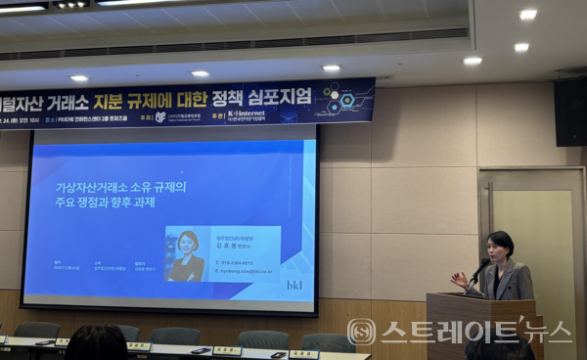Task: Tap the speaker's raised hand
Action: click(x=458, y=279)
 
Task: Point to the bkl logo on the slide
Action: click(x=294, y=285)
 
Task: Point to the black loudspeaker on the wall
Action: click(x=569, y=111)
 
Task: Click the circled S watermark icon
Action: click(x=362, y=332)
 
